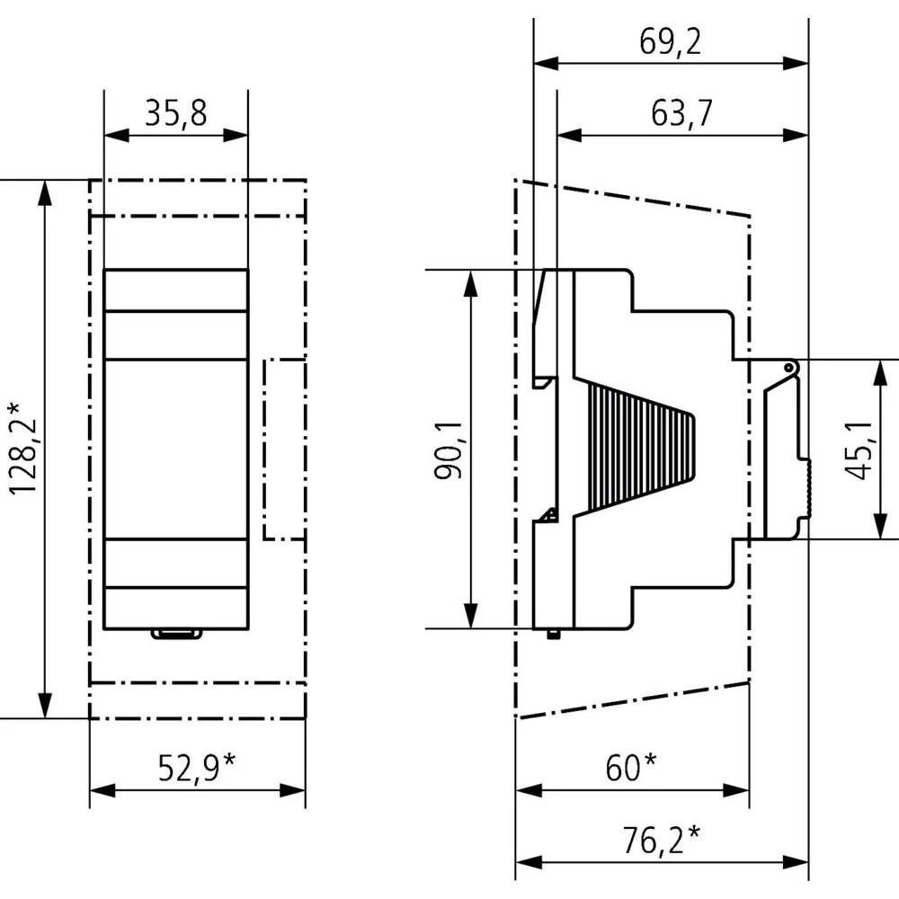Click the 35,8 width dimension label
point(175,114)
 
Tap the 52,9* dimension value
point(197,769)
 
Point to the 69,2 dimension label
point(671,42)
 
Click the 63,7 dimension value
point(681,114)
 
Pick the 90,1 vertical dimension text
point(449,449)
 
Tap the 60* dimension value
point(630,769)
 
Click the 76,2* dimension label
point(661,841)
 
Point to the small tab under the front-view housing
point(176,634)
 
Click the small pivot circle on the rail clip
point(788,368)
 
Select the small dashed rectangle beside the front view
point(283,449)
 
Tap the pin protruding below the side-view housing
point(555,634)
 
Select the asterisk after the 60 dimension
point(649,762)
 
